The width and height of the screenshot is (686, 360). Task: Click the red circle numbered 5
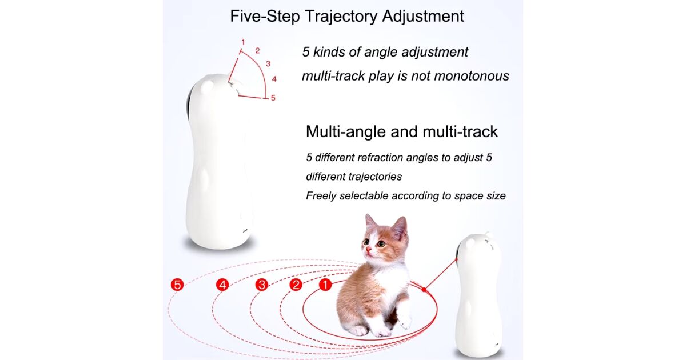click(177, 285)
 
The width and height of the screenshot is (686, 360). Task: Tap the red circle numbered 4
click(222, 285)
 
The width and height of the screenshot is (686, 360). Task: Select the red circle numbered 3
click(262, 285)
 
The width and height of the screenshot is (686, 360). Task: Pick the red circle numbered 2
click(296, 285)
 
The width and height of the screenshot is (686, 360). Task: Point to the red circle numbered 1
click(325, 285)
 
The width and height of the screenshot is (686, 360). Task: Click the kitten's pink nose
click(368, 251)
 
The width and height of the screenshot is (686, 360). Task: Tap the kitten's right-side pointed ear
click(400, 227)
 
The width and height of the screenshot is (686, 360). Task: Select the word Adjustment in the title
click(423, 16)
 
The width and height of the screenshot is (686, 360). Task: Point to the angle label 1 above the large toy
click(243, 42)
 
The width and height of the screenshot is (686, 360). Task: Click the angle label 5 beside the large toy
click(273, 98)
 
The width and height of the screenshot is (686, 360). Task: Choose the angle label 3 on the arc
click(268, 63)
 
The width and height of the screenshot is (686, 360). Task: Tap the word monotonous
click(472, 76)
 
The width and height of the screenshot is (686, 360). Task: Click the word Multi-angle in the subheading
click(346, 131)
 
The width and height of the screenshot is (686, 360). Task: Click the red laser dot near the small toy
click(424, 289)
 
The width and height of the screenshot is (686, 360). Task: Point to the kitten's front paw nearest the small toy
click(405, 321)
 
